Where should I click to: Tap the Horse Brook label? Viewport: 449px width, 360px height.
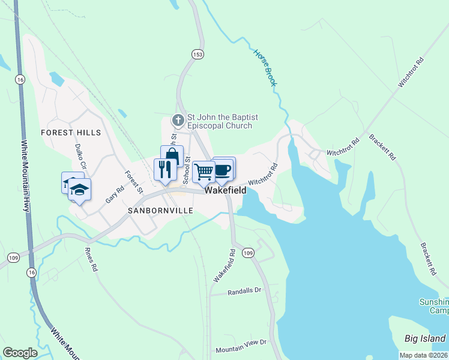click(265, 68)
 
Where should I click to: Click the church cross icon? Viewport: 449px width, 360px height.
click(178, 121)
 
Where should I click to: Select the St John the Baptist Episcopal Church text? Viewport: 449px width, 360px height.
click(219, 122)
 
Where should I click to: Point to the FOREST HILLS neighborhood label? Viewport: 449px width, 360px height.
click(71, 132)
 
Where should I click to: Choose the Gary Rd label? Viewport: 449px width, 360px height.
click(114, 193)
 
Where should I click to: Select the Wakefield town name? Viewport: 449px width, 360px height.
click(226, 190)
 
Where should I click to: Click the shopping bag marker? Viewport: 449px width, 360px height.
click(172, 157)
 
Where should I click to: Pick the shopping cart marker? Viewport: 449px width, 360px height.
click(204, 172)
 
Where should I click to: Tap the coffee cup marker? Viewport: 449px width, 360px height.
click(223, 169)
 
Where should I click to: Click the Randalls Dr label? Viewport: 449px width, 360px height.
click(245, 292)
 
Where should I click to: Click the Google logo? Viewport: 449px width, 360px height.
click(20, 353)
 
